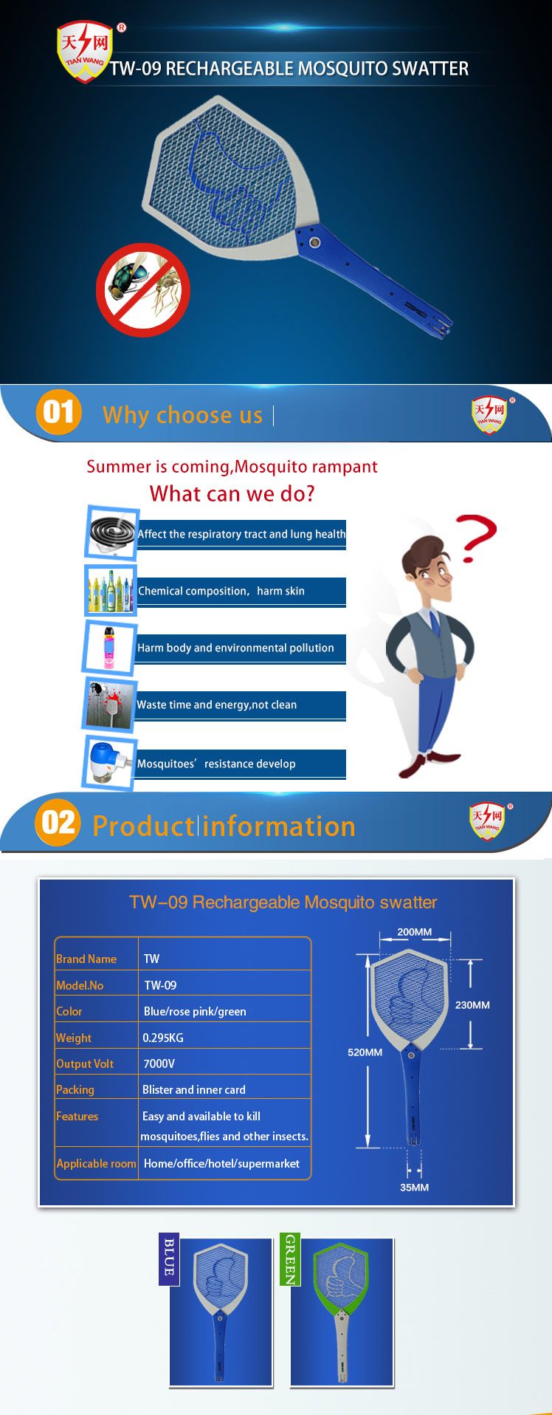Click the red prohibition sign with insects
(x=142, y=290)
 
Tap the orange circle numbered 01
(x=58, y=412)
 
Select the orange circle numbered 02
(x=57, y=823)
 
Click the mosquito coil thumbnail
(x=111, y=532)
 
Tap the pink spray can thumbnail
(x=110, y=648)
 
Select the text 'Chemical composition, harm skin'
(x=221, y=591)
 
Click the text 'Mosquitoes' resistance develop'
(x=216, y=764)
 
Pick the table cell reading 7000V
(x=159, y=1063)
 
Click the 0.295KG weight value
(x=163, y=1038)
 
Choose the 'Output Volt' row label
(x=85, y=1063)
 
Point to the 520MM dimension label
(x=365, y=1052)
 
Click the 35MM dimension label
(x=414, y=1187)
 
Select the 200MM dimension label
(x=414, y=932)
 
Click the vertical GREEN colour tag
(x=290, y=1259)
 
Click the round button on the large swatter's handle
(x=315, y=242)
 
